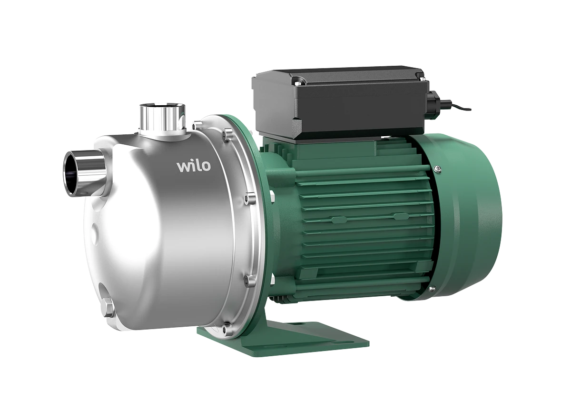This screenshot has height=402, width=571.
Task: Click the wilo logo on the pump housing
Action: pos(194,166)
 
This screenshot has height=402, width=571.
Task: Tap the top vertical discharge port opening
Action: pos(162,106)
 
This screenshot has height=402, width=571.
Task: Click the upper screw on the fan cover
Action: pos(438,168)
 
